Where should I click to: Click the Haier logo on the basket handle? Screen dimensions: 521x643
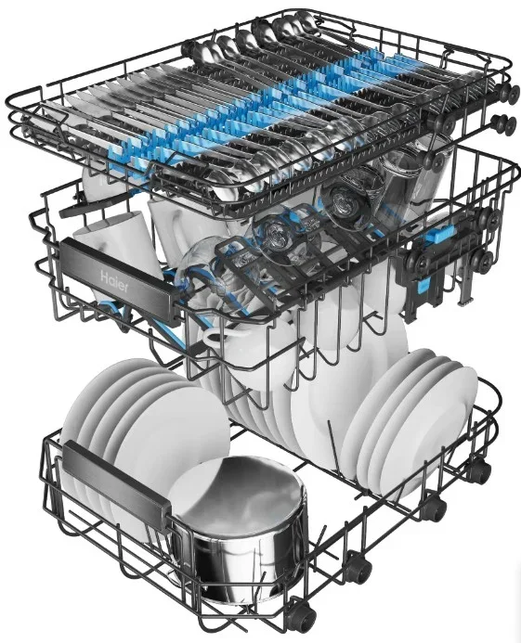[114, 281]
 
